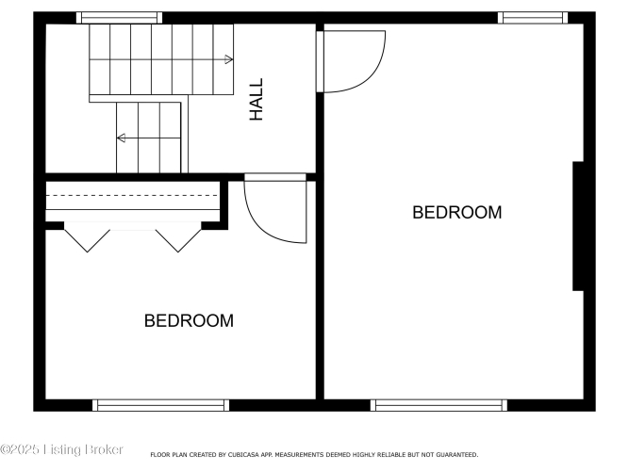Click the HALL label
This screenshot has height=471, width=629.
(x=256, y=99)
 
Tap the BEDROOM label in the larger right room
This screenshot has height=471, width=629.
(x=457, y=213)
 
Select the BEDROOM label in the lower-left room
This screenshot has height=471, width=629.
(x=189, y=320)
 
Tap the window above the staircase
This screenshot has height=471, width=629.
(x=119, y=18)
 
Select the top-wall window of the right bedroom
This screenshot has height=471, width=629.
(x=533, y=18)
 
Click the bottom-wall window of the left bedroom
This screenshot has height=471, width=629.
(x=160, y=405)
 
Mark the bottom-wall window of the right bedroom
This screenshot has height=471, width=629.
(x=439, y=405)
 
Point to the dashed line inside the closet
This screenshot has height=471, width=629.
(x=132, y=196)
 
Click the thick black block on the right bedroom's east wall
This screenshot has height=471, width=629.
(x=578, y=226)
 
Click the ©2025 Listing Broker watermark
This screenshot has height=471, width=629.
(x=61, y=449)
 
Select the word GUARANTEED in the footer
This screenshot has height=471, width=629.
(x=457, y=455)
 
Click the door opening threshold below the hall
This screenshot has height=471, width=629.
(x=275, y=177)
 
